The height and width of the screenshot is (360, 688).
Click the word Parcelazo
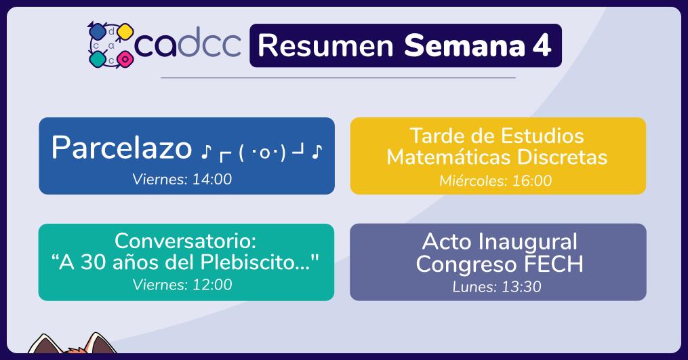121,148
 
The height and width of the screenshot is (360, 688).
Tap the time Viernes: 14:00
182,179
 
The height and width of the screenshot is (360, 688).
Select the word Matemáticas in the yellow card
449,157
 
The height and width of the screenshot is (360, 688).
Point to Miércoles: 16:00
495,180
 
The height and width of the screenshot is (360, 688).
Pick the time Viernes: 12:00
182,285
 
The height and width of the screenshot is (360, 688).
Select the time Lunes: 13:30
497,287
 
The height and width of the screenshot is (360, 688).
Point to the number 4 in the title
542,45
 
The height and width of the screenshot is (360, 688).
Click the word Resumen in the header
325,45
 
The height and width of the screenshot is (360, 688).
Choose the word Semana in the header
465,45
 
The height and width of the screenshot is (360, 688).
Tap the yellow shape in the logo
125,32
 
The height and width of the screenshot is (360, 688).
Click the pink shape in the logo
125,58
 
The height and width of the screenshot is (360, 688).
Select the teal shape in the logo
98,59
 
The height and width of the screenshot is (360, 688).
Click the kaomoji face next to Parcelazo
262,152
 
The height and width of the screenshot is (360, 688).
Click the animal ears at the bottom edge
73,344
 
